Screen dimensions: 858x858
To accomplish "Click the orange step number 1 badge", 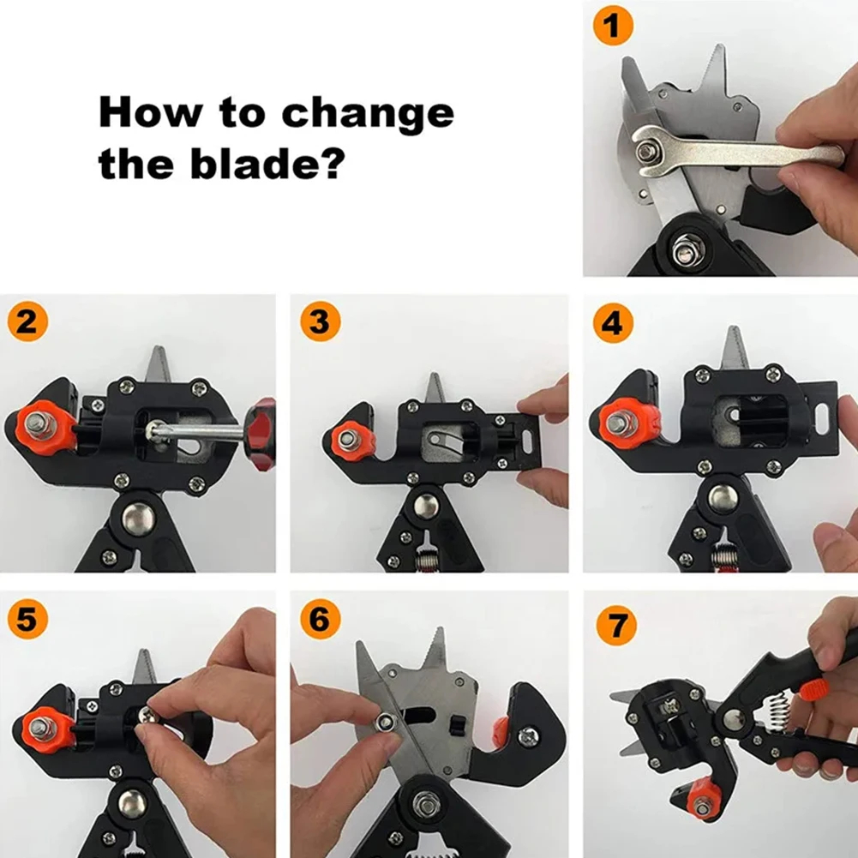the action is pyautogui.click(x=613, y=25).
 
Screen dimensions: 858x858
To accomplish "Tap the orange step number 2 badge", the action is pyautogui.click(x=27, y=321).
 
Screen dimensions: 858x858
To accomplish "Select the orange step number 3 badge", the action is pyautogui.click(x=320, y=321).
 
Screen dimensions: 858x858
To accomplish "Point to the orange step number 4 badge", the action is pyautogui.click(x=613, y=323).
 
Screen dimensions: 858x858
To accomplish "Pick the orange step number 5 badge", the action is pyautogui.click(x=27, y=619).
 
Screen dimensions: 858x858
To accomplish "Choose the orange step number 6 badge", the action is pyautogui.click(x=320, y=619).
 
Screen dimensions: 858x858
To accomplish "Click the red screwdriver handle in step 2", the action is pyautogui.click(x=261, y=435).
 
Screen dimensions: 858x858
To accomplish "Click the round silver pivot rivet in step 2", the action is pyautogui.click(x=138, y=519).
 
